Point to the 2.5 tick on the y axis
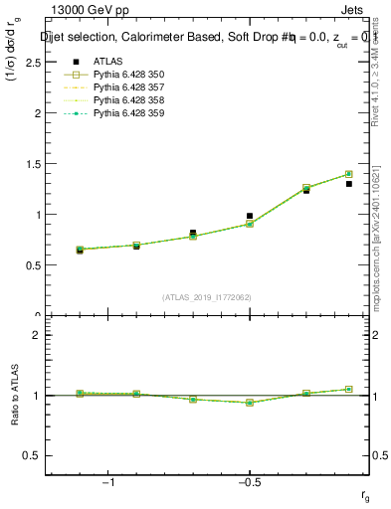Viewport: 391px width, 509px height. [x=34, y=62]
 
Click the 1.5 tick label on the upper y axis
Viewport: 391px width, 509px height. [x=34, y=164]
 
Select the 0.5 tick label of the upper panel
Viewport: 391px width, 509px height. [x=34, y=265]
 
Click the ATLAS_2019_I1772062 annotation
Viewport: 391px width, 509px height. [x=207, y=297]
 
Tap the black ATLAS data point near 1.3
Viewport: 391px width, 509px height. [x=348, y=184]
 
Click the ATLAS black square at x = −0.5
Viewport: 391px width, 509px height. [x=250, y=216]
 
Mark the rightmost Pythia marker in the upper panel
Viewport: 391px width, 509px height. [x=348, y=174]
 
